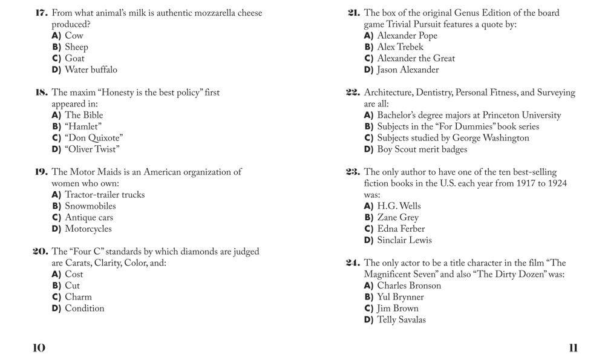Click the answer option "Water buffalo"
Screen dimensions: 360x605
[x=91, y=70]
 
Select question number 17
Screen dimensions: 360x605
[x=42, y=13]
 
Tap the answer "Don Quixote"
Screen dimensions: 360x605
[x=94, y=138]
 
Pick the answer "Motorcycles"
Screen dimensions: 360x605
[x=88, y=229]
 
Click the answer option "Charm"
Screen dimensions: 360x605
[x=78, y=297]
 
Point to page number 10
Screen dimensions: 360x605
[x=39, y=347]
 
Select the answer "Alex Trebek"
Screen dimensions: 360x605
[x=400, y=47]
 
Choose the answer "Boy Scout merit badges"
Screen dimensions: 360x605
[x=422, y=149]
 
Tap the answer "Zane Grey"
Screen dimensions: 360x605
[x=397, y=217]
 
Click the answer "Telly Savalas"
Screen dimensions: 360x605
[x=401, y=319]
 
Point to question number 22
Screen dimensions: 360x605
[x=353, y=93]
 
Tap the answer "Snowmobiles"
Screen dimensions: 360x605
[x=90, y=206]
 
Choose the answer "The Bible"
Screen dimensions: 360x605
[x=84, y=115]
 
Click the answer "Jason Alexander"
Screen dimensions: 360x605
[x=408, y=70]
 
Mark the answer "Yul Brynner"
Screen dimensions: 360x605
[x=401, y=297]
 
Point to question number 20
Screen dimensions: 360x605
[x=41, y=252]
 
